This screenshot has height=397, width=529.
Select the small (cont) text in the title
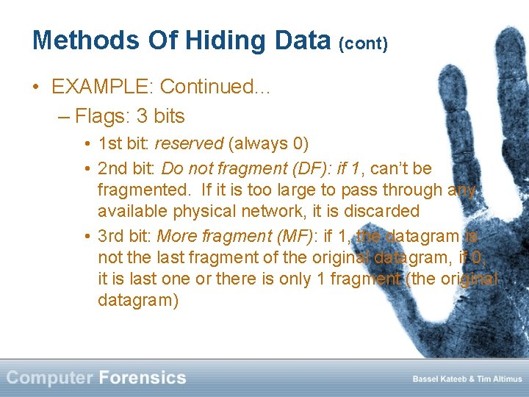(363, 43)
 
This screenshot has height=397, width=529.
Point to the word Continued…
(216, 87)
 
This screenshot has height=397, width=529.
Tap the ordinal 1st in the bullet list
(110, 143)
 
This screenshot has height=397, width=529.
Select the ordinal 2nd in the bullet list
(112, 168)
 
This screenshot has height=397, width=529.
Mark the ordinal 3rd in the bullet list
(112, 236)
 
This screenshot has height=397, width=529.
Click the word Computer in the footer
(49, 378)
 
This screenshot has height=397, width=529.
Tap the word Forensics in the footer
(143, 378)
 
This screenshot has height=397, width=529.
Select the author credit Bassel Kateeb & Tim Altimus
(467, 379)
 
